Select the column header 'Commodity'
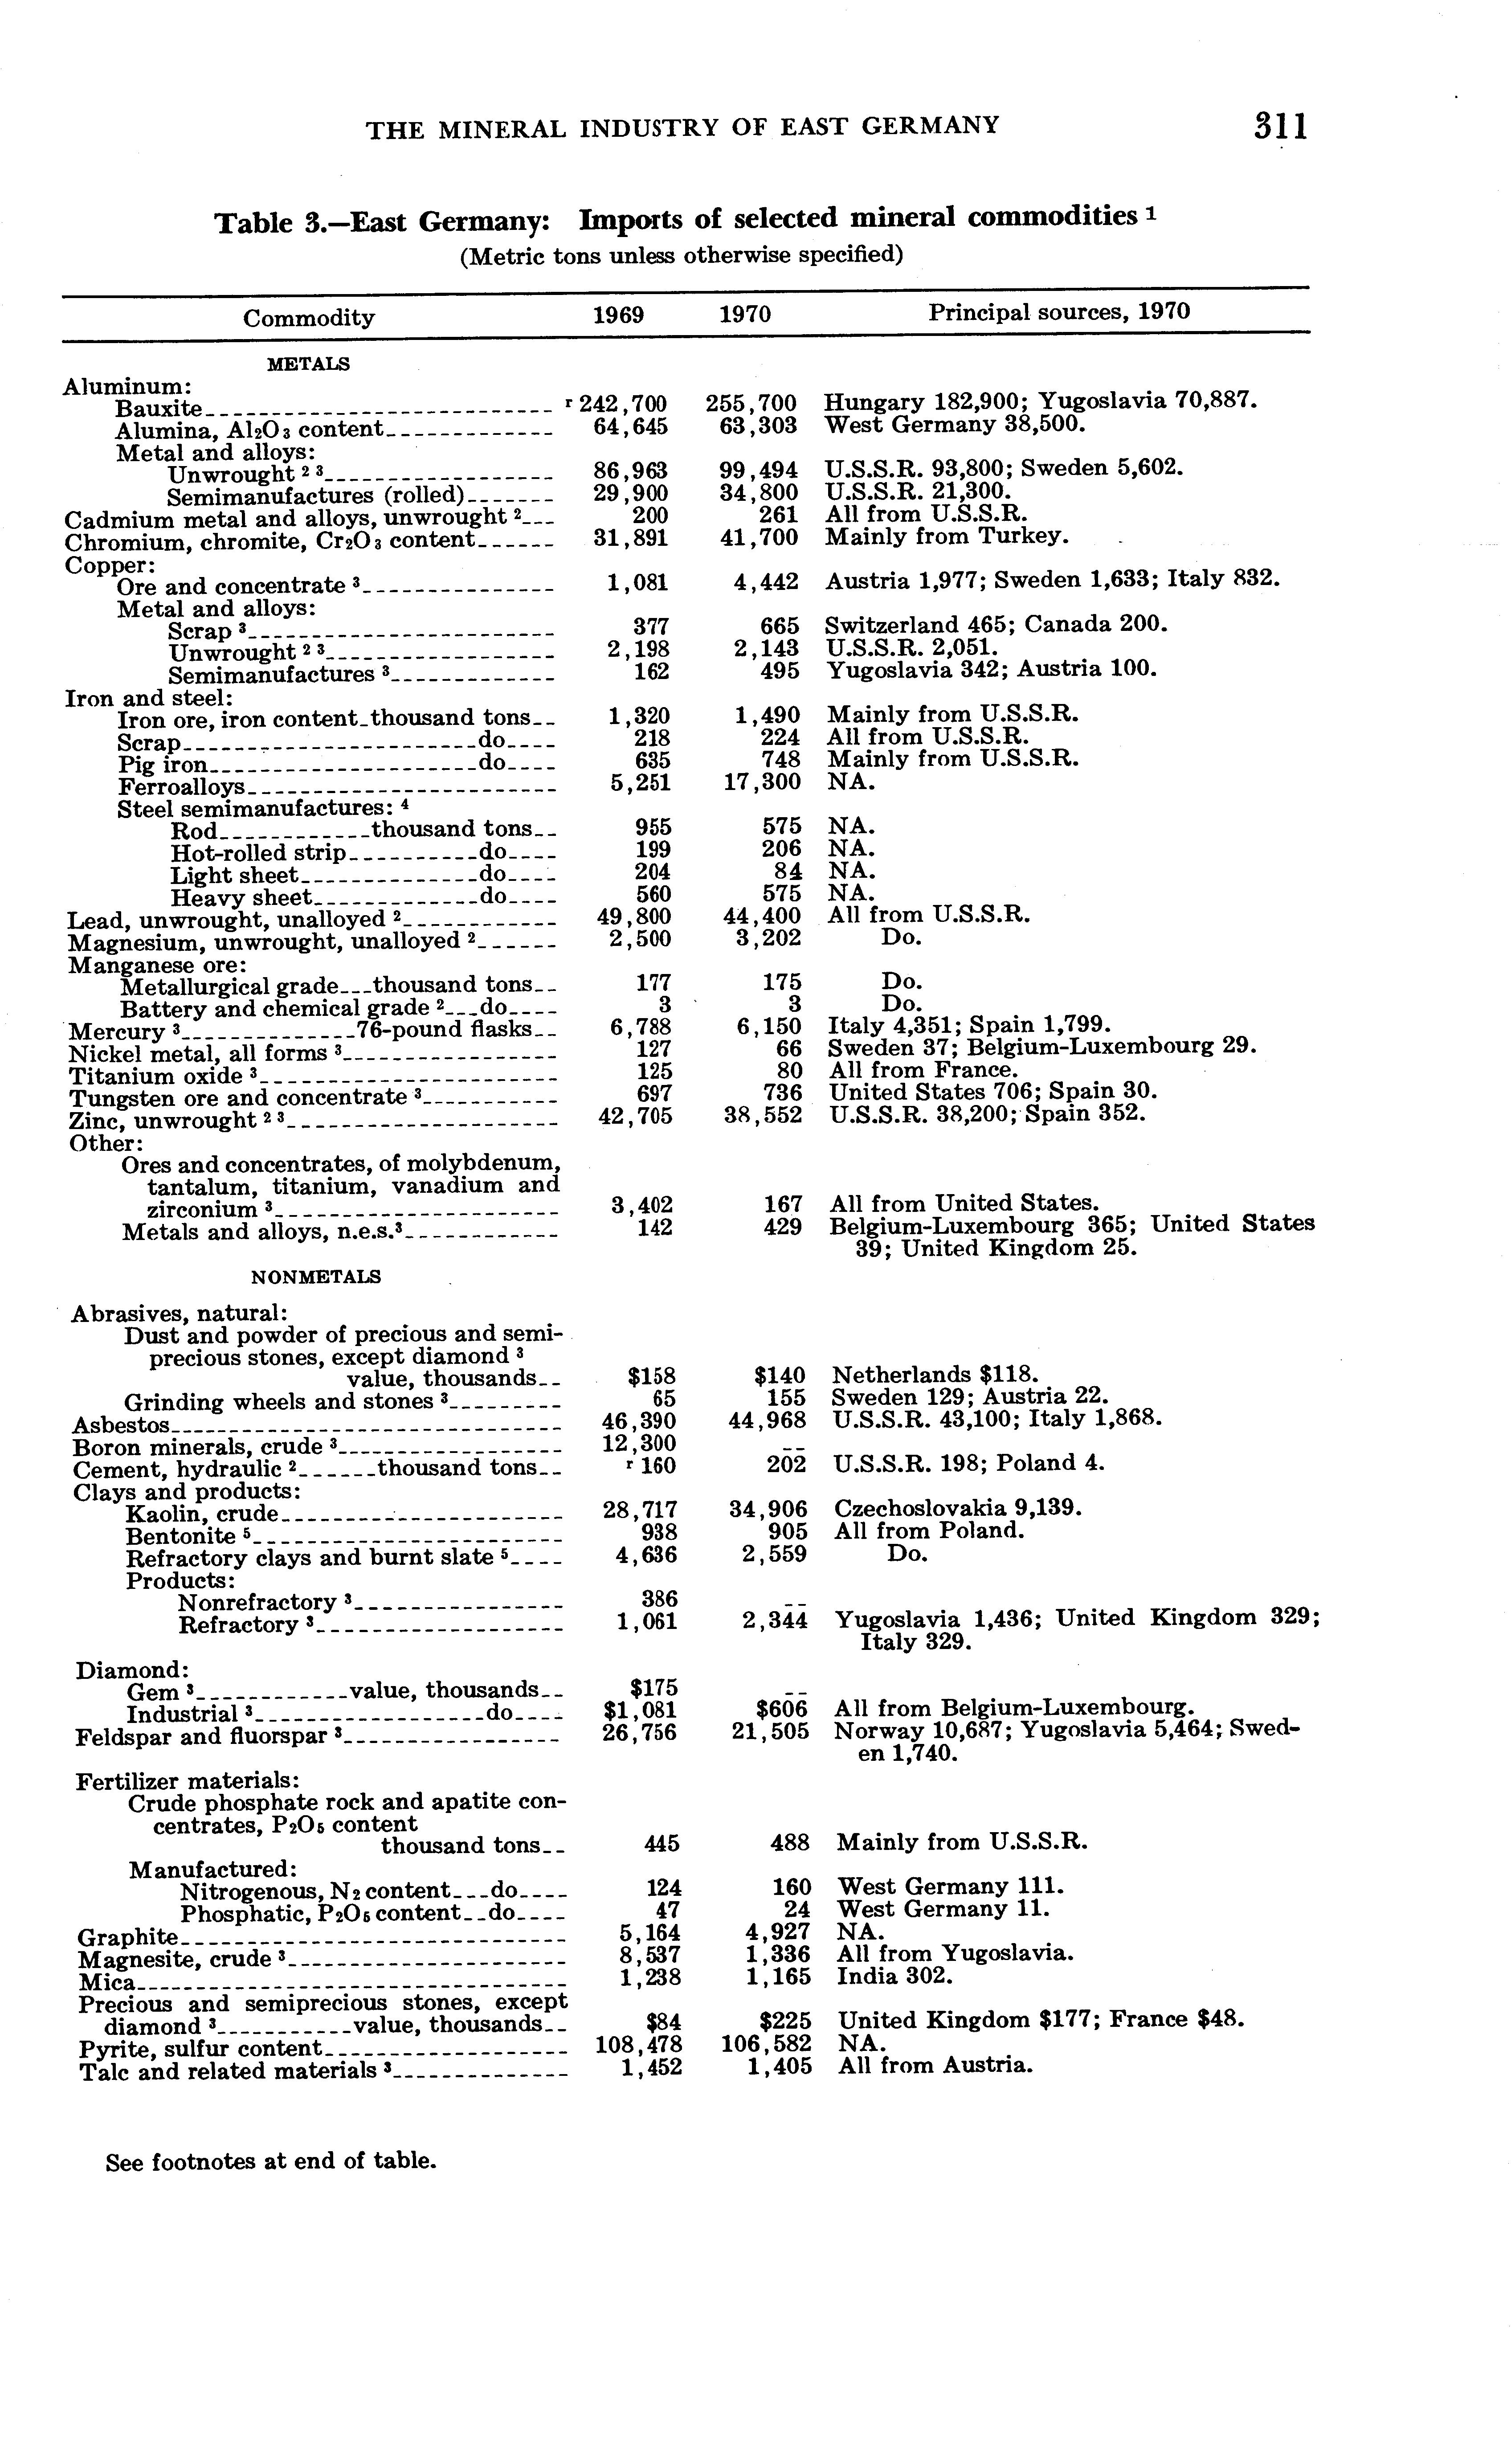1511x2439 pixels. pos(309,318)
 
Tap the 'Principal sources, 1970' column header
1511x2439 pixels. pos(1058,312)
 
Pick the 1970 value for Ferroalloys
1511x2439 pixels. pos(761,782)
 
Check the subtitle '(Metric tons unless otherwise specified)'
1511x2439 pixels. pos(681,256)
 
